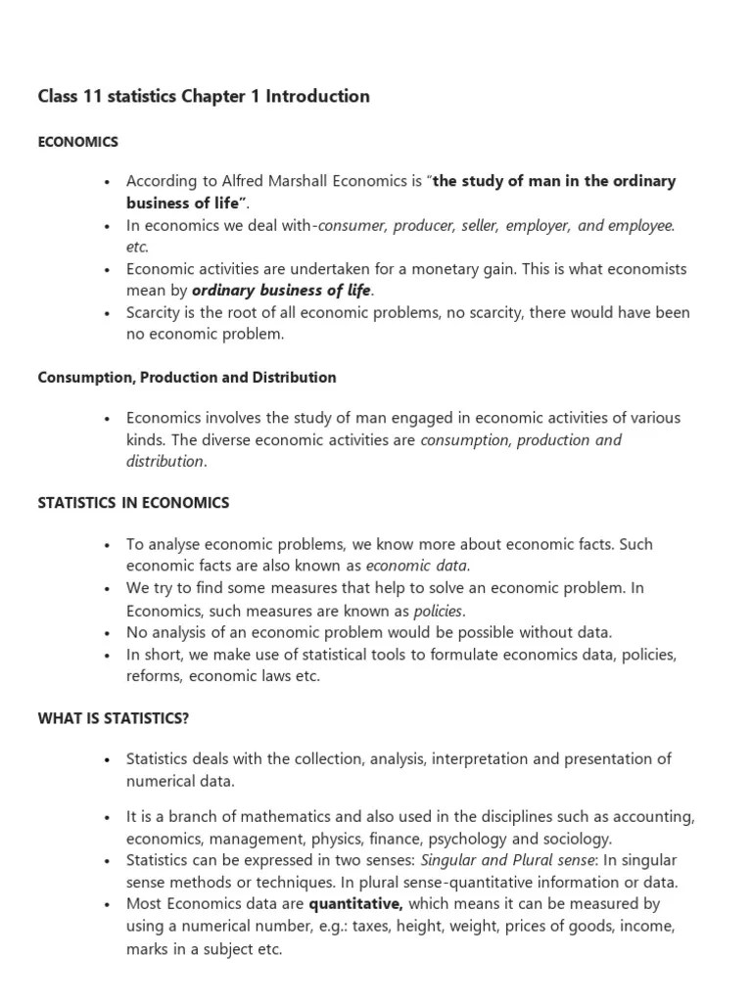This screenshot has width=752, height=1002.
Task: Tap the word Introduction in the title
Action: [x=318, y=96]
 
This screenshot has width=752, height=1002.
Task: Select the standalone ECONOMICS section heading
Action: [x=77, y=142]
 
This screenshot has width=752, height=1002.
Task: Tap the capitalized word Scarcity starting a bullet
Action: [x=157, y=313]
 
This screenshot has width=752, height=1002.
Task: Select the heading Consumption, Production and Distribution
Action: [x=186, y=378]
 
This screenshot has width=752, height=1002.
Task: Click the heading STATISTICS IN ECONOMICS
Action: [x=133, y=503]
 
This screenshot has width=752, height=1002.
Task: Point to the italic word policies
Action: [x=439, y=610]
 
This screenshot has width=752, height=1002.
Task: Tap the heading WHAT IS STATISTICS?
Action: [x=114, y=718]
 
